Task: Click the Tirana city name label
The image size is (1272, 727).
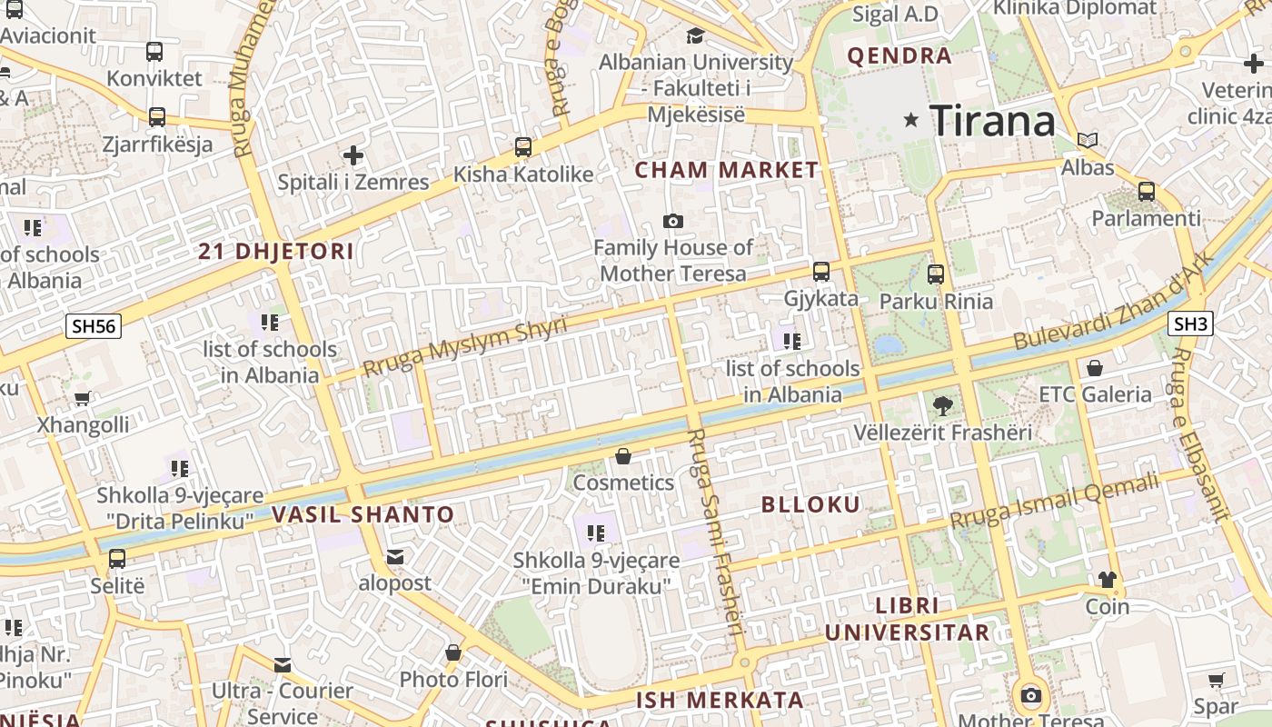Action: [x=992, y=121]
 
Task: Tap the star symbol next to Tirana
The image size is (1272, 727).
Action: [x=911, y=120]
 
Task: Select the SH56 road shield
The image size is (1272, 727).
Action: [x=94, y=325]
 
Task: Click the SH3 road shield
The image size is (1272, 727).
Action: [x=1191, y=324]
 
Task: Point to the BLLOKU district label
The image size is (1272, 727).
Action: [x=810, y=504]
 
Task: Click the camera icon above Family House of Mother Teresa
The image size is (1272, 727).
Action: [x=673, y=221]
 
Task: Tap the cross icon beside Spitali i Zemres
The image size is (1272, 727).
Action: [x=353, y=155]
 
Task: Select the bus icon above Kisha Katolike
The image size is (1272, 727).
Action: [x=523, y=147]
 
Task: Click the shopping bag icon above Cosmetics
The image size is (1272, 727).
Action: [x=623, y=456]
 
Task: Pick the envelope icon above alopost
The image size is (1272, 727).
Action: [x=395, y=556]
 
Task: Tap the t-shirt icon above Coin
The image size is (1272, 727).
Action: [x=1107, y=580]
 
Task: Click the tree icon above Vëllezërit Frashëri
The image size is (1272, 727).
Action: [x=942, y=405]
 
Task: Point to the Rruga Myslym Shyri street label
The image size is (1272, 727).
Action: [x=464, y=346]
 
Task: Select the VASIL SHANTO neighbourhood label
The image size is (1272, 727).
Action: [x=363, y=515]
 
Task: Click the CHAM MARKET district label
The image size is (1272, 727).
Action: [x=726, y=170]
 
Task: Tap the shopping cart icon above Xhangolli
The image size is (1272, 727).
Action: [x=83, y=398]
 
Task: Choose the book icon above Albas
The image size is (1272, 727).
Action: [x=1088, y=141]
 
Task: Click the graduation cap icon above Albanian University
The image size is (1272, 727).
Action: [x=695, y=35]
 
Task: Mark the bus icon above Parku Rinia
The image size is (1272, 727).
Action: [x=936, y=274]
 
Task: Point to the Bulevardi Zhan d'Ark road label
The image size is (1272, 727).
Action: [x=1112, y=302]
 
